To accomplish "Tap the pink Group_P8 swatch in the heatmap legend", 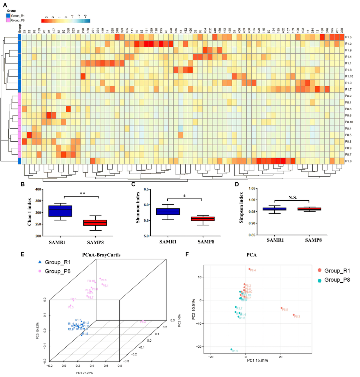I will click(8, 20).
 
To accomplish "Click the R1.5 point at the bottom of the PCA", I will click(232, 349).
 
